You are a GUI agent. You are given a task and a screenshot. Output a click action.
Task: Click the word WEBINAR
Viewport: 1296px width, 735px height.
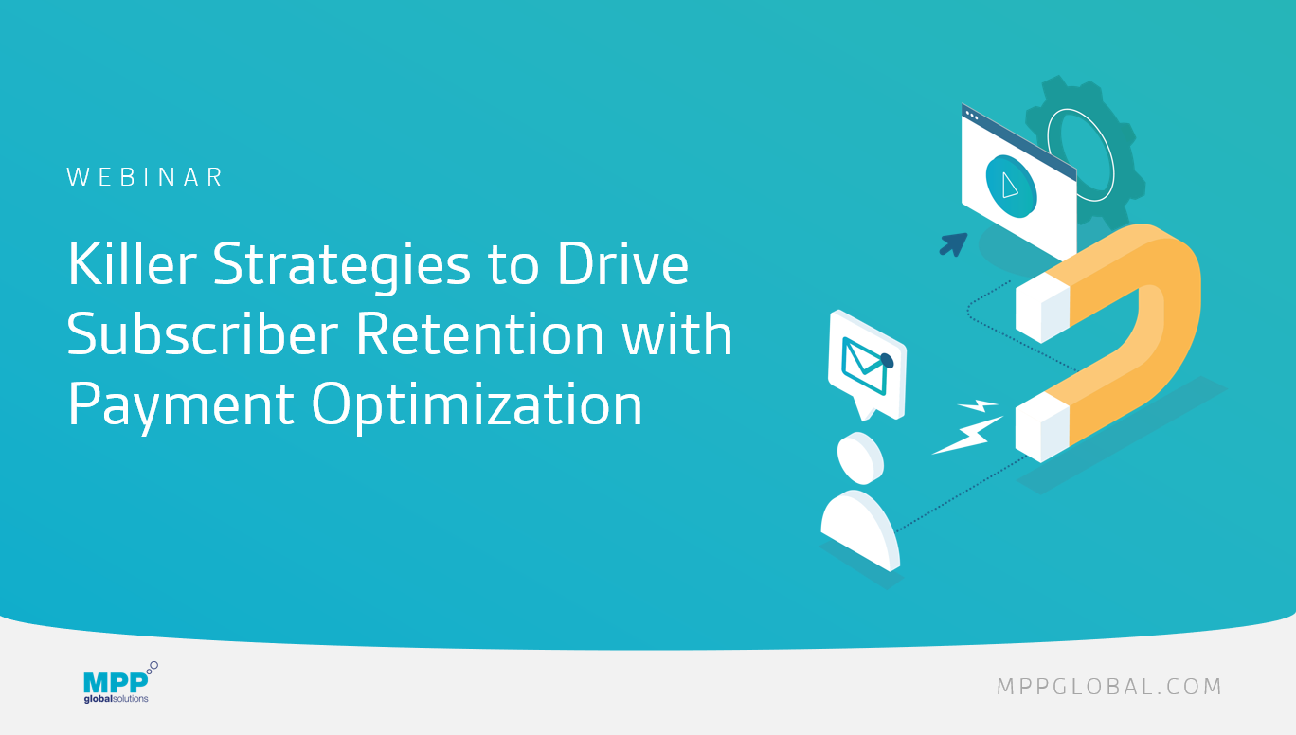(x=145, y=177)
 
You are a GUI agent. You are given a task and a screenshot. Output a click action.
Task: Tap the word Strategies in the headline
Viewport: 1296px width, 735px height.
(x=342, y=267)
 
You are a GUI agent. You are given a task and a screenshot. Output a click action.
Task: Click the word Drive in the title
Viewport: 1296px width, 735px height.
(x=623, y=263)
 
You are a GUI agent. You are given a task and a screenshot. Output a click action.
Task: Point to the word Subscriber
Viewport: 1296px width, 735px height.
(x=203, y=333)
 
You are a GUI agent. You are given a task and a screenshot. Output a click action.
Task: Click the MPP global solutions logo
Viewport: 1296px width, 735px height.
(x=119, y=683)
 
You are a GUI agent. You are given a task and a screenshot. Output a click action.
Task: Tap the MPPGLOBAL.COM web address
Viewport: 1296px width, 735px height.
(x=1109, y=687)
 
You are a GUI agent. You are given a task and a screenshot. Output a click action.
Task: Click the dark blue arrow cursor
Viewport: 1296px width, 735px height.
(x=953, y=244)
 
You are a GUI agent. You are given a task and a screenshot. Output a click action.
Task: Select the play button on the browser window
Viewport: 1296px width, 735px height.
(x=1011, y=187)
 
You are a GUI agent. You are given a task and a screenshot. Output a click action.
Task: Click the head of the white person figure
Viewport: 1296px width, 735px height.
(x=860, y=458)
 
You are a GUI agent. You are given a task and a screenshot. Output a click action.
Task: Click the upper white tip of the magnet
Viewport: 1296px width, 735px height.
(x=1042, y=308)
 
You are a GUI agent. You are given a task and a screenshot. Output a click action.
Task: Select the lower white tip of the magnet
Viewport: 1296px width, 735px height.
(x=1042, y=427)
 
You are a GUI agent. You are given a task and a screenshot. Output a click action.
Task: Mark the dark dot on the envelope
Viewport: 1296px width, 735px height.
(x=887, y=361)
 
